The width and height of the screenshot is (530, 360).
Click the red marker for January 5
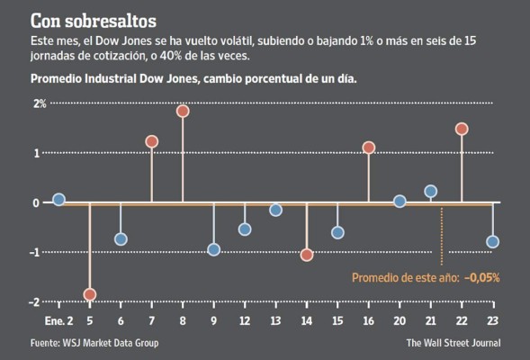pyautogui.click(x=90, y=294)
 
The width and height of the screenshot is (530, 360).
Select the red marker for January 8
pyautogui.click(x=183, y=111)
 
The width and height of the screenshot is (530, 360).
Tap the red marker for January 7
pyautogui.click(x=151, y=141)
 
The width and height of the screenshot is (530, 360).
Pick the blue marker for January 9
pyautogui.click(x=213, y=249)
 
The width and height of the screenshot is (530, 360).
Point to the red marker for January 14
pyautogui.click(x=307, y=255)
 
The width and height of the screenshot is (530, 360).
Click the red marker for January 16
pyautogui.click(x=368, y=148)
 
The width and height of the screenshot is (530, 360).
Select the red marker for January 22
pyautogui.click(x=462, y=129)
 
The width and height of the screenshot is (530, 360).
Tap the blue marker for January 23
pyautogui.click(x=492, y=241)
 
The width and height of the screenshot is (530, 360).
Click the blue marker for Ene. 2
pyautogui.click(x=58, y=200)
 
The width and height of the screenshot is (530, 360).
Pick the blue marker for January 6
pyautogui.click(x=121, y=239)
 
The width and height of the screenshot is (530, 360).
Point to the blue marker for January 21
pyautogui.click(x=430, y=191)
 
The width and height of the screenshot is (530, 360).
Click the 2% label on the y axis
pyautogui.click(x=40, y=103)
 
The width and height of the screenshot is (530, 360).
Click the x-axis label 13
pyautogui.click(x=275, y=322)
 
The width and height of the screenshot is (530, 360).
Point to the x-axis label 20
pyautogui.click(x=400, y=322)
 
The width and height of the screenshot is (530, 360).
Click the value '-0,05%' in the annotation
pyautogui.click(x=481, y=277)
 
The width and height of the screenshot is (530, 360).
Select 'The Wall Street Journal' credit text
pyautogui.click(x=453, y=343)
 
